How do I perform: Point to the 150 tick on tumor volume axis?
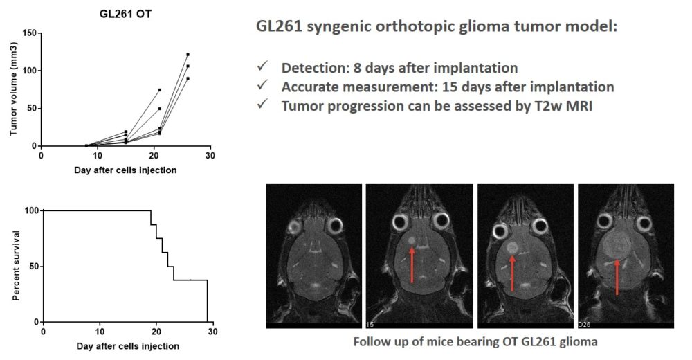[28, 33]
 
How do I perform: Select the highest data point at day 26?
[188, 54]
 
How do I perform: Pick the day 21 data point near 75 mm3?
[159, 90]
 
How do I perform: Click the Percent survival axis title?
[14, 266]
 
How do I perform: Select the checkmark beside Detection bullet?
[262, 68]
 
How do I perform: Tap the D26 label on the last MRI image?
[585, 323]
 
